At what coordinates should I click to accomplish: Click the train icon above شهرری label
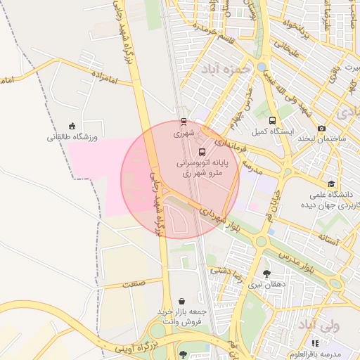pos(184,121)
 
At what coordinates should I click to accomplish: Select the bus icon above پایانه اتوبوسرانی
pos(202,152)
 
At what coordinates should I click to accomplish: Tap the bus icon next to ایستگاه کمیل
pos(272,121)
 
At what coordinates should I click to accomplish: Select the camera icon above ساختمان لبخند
pos(322,129)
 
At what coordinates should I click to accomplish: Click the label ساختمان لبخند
pos(324,140)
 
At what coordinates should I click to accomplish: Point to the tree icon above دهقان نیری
pos(266,274)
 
